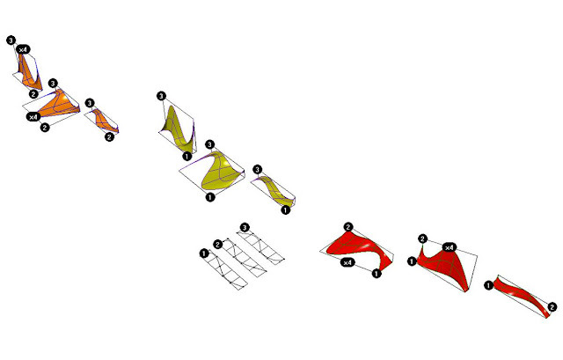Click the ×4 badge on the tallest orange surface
(x=23, y=49)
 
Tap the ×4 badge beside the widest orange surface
(x=33, y=117)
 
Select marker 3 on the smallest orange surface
(x=90, y=103)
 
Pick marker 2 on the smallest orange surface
(x=109, y=137)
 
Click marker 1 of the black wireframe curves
(x=204, y=253)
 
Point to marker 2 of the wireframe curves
(x=218, y=245)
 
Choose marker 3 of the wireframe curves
(x=245, y=228)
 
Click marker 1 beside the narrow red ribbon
(x=489, y=286)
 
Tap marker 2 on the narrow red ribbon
(x=552, y=307)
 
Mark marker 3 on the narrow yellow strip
(x=257, y=169)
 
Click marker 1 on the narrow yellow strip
(x=285, y=210)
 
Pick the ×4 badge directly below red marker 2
(x=347, y=262)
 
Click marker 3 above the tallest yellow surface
(x=162, y=96)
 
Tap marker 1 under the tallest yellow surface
(x=186, y=157)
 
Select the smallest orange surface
(x=104, y=120)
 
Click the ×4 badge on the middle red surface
(x=450, y=247)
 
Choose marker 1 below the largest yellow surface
(x=210, y=197)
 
